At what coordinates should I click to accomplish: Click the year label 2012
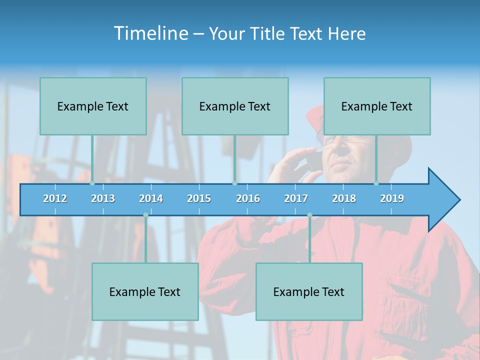55,198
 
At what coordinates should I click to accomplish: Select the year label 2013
103,198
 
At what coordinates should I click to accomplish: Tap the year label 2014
151,198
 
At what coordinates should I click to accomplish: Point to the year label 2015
199,198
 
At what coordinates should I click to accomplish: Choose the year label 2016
248,198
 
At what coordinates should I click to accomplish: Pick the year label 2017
296,198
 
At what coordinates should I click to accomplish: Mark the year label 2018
344,198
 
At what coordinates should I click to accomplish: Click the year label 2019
392,198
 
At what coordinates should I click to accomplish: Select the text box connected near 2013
93,106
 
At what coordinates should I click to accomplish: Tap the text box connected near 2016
235,106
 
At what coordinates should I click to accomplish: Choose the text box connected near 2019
377,106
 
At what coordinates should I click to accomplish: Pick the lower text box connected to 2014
145,291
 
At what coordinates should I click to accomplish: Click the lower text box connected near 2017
309,291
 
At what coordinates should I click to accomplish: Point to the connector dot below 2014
145,215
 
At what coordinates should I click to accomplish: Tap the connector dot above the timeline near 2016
234,183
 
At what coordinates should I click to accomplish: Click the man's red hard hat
315,117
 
